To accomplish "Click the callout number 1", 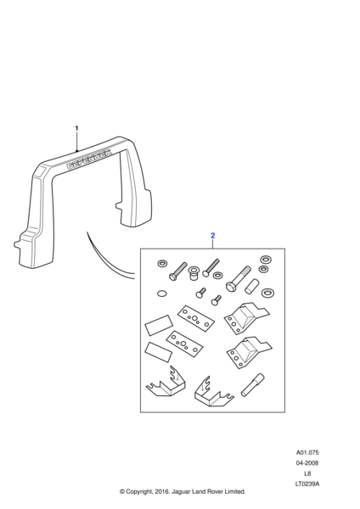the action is pyautogui.click(x=76, y=128).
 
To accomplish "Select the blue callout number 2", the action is pyautogui.click(x=213, y=235).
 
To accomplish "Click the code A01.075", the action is pyautogui.click(x=307, y=452).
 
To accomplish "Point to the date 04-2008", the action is pyautogui.click(x=307, y=463).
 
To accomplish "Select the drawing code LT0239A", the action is pyautogui.click(x=307, y=484).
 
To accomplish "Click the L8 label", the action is pyautogui.click(x=307, y=473).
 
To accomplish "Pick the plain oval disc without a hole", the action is pyautogui.click(x=161, y=294).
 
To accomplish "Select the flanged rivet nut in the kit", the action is pyautogui.click(x=194, y=275).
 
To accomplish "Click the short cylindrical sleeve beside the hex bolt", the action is pyautogui.click(x=251, y=286).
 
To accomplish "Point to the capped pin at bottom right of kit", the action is pyautogui.click(x=253, y=385).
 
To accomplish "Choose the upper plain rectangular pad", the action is pyautogui.click(x=159, y=325).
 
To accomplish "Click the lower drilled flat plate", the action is pyautogui.click(x=184, y=344).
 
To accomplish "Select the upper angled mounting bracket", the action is pyautogui.click(x=246, y=317).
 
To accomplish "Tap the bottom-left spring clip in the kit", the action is pyautogui.click(x=166, y=383).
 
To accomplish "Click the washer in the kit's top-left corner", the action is pyautogui.click(x=162, y=263).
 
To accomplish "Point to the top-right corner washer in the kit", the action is pyautogui.click(x=266, y=260).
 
